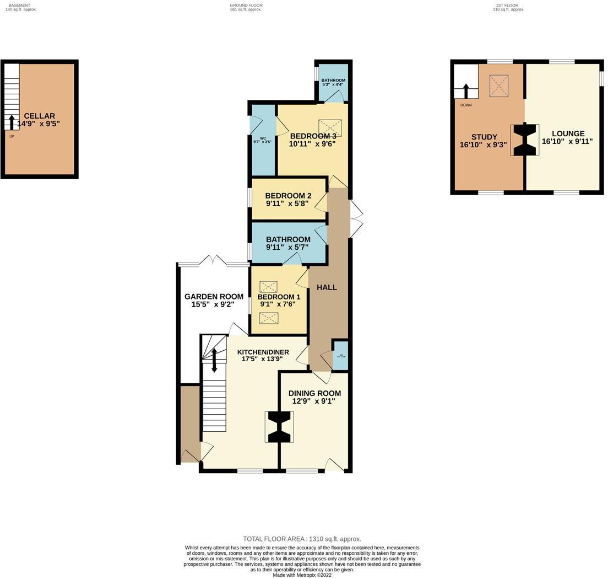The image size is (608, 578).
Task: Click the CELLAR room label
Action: pos(39,116)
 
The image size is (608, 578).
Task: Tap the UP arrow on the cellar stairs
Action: pos(12,121)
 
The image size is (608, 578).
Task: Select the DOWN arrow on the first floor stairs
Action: pos(466,91)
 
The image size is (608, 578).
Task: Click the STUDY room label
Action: pos(484,137)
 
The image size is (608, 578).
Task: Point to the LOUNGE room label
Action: pos(568,133)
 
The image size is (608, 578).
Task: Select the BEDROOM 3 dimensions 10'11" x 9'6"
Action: pos(312,144)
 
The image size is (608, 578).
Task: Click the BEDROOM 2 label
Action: pos(288,196)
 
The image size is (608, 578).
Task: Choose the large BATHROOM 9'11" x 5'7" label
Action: pos(288,239)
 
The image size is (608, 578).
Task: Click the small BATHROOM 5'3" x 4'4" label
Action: pos(333,81)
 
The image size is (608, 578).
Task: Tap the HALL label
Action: pos(327,287)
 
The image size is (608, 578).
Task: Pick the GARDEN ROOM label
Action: pos(214,297)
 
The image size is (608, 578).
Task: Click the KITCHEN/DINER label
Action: pos(263,352)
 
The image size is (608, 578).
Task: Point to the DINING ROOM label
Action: pos(314,393)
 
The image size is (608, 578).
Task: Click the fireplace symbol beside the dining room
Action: pos(280,427)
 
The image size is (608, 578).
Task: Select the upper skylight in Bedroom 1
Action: pos(268,287)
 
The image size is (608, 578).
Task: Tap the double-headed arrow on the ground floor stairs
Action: pos(214,360)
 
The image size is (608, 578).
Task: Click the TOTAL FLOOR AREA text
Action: pos(302,539)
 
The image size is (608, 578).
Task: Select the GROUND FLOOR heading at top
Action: pos(246,6)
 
